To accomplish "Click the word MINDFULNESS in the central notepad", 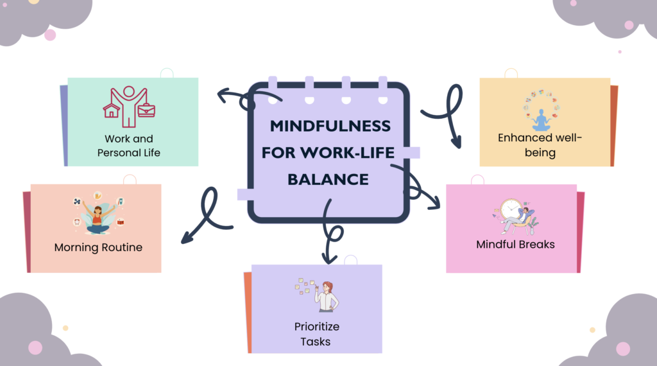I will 330,125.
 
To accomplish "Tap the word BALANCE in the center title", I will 328,179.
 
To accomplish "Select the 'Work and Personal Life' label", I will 129,146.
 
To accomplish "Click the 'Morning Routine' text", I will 98,247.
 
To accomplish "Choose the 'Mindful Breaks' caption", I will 515,245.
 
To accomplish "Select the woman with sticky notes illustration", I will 327,297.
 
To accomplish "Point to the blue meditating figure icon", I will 542,120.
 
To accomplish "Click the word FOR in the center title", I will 286,152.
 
